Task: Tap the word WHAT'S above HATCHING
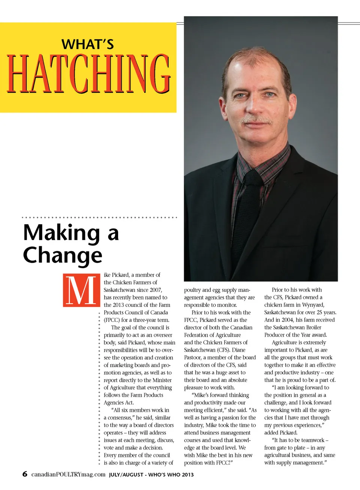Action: [x=88, y=45]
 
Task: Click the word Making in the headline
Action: [x=61, y=233]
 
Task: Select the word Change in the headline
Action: [x=63, y=256]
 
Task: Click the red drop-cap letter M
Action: [x=81, y=290]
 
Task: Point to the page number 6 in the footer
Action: [x=25, y=474]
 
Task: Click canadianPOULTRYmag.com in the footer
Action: [x=68, y=474]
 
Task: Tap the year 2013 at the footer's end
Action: [x=187, y=475]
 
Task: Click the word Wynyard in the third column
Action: [x=312, y=305]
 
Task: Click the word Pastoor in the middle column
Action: [x=193, y=358]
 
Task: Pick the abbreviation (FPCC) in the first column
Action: [x=111, y=320]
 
